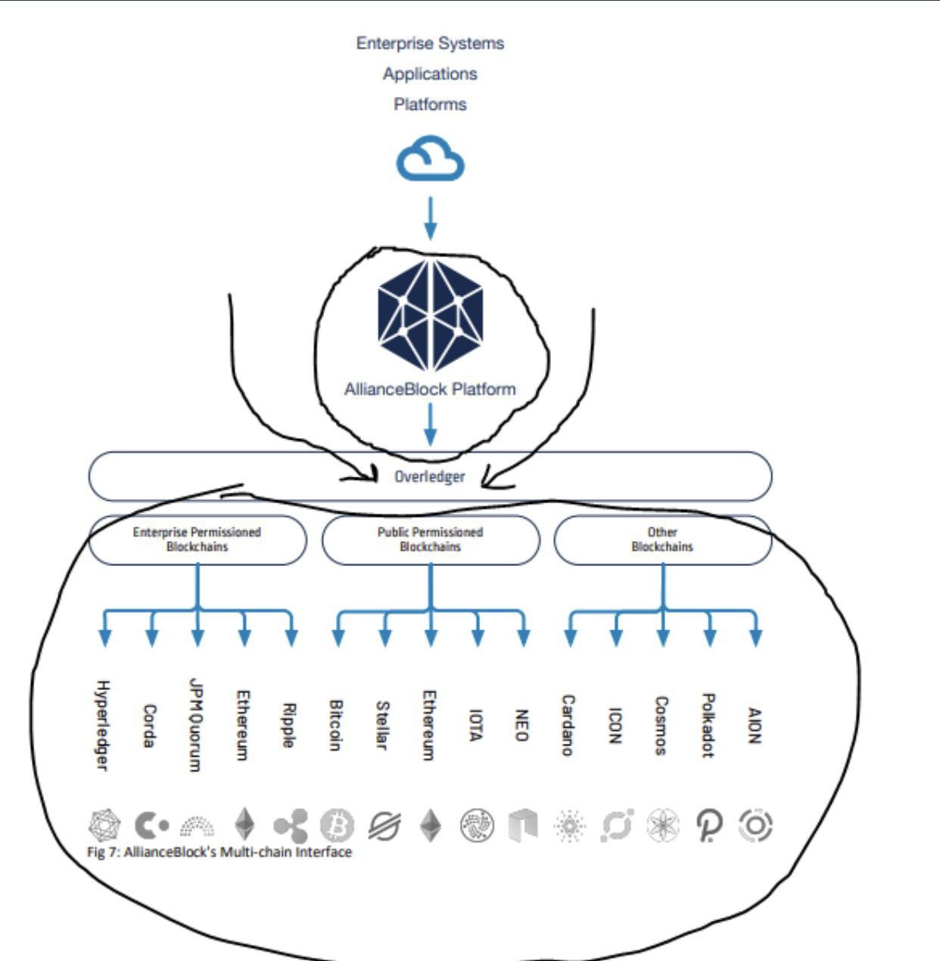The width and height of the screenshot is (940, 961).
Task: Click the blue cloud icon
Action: (x=430, y=158)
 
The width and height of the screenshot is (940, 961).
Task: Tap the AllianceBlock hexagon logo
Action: (x=430, y=316)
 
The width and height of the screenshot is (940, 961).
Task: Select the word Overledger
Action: (x=430, y=477)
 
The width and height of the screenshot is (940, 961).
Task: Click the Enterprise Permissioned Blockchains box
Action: (x=198, y=540)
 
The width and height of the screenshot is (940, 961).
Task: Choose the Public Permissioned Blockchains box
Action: (x=430, y=540)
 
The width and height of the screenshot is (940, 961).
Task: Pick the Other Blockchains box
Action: (x=662, y=540)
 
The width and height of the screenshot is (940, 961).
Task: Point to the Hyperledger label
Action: (x=101, y=726)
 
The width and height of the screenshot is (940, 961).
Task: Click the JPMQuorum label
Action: (x=196, y=724)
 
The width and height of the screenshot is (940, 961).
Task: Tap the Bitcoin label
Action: (x=336, y=725)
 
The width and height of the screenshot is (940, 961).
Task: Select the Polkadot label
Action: (x=708, y=725)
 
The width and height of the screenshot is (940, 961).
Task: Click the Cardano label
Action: (x=568, y=725)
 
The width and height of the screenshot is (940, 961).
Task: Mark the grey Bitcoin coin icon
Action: (x=338, y=826)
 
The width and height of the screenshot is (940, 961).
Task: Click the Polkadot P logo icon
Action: (x=709, y=826)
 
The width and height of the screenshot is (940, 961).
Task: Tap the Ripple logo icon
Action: (x=291, y=826)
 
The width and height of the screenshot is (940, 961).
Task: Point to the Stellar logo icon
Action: (x=384, y=826)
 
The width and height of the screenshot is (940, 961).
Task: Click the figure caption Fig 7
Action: (x=219, y=852)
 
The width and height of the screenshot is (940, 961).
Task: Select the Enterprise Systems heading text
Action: (x=430, y=43)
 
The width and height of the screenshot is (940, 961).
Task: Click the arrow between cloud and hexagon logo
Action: (x=430, y=218)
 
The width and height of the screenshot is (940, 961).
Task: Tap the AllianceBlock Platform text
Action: (x=430, y=389)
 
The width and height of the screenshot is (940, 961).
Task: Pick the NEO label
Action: (x=521, y=725)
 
